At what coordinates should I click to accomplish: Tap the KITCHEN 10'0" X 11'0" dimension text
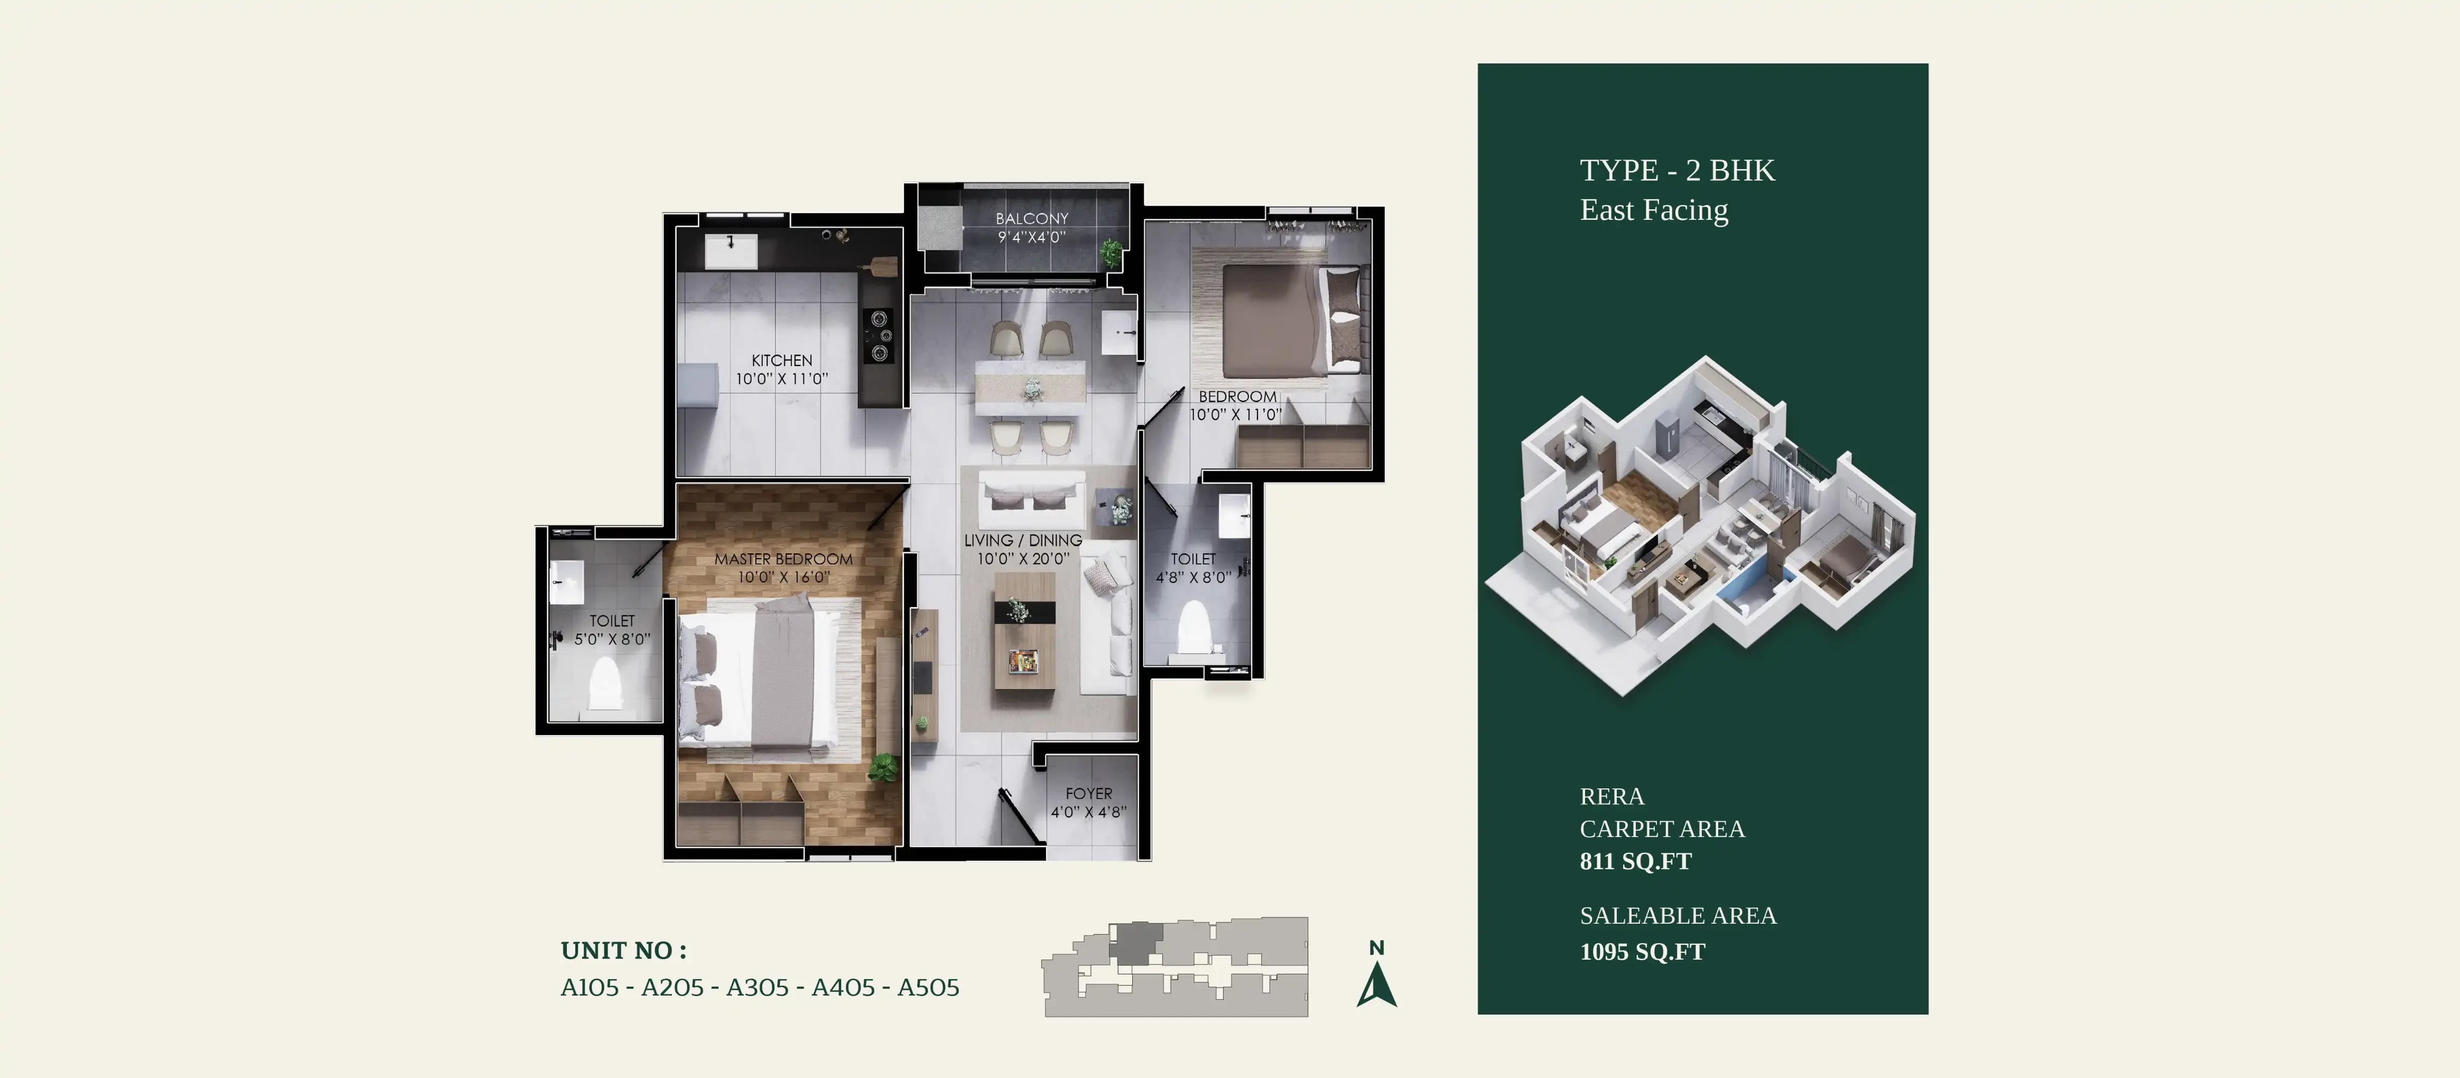(781, 379)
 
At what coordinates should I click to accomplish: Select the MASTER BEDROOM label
(783, 559)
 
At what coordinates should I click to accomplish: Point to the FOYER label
(1088, 794)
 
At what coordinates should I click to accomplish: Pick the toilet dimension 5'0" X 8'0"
(612, 639)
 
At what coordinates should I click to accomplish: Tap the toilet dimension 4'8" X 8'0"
(1194, 577)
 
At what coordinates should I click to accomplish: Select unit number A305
(757, 987)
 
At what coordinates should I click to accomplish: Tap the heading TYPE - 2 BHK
(1677, 170)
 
